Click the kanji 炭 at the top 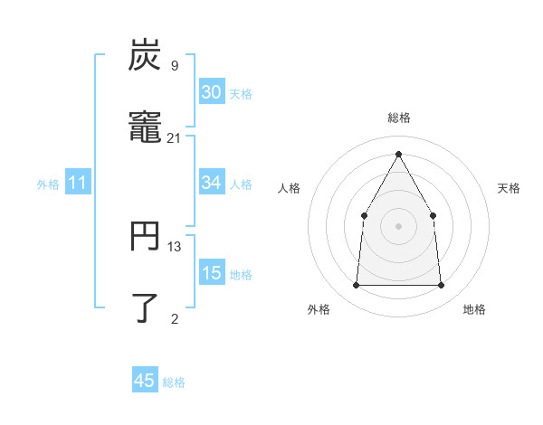tap(145, 56)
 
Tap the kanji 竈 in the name tap(145, 127)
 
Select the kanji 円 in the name tap(145, 237)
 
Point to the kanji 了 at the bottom tap(145, 307)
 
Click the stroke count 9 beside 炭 tap(174, 66)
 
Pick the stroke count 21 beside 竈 tap(174, 137)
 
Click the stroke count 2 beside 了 tap(174, 317)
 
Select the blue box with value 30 tap(211, 92)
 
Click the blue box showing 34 tap(211, 183)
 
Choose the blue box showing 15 tap(211, 273)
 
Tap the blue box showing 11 tap(78, 183)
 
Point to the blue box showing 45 tap(145, 381)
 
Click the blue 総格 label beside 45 tap(174, 382)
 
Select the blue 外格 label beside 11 tap(48, 184)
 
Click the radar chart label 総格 tap(398, 118)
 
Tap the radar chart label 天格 tap(509, 188)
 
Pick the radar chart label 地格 tap(474, 309)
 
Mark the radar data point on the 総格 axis tap(398, 154)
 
